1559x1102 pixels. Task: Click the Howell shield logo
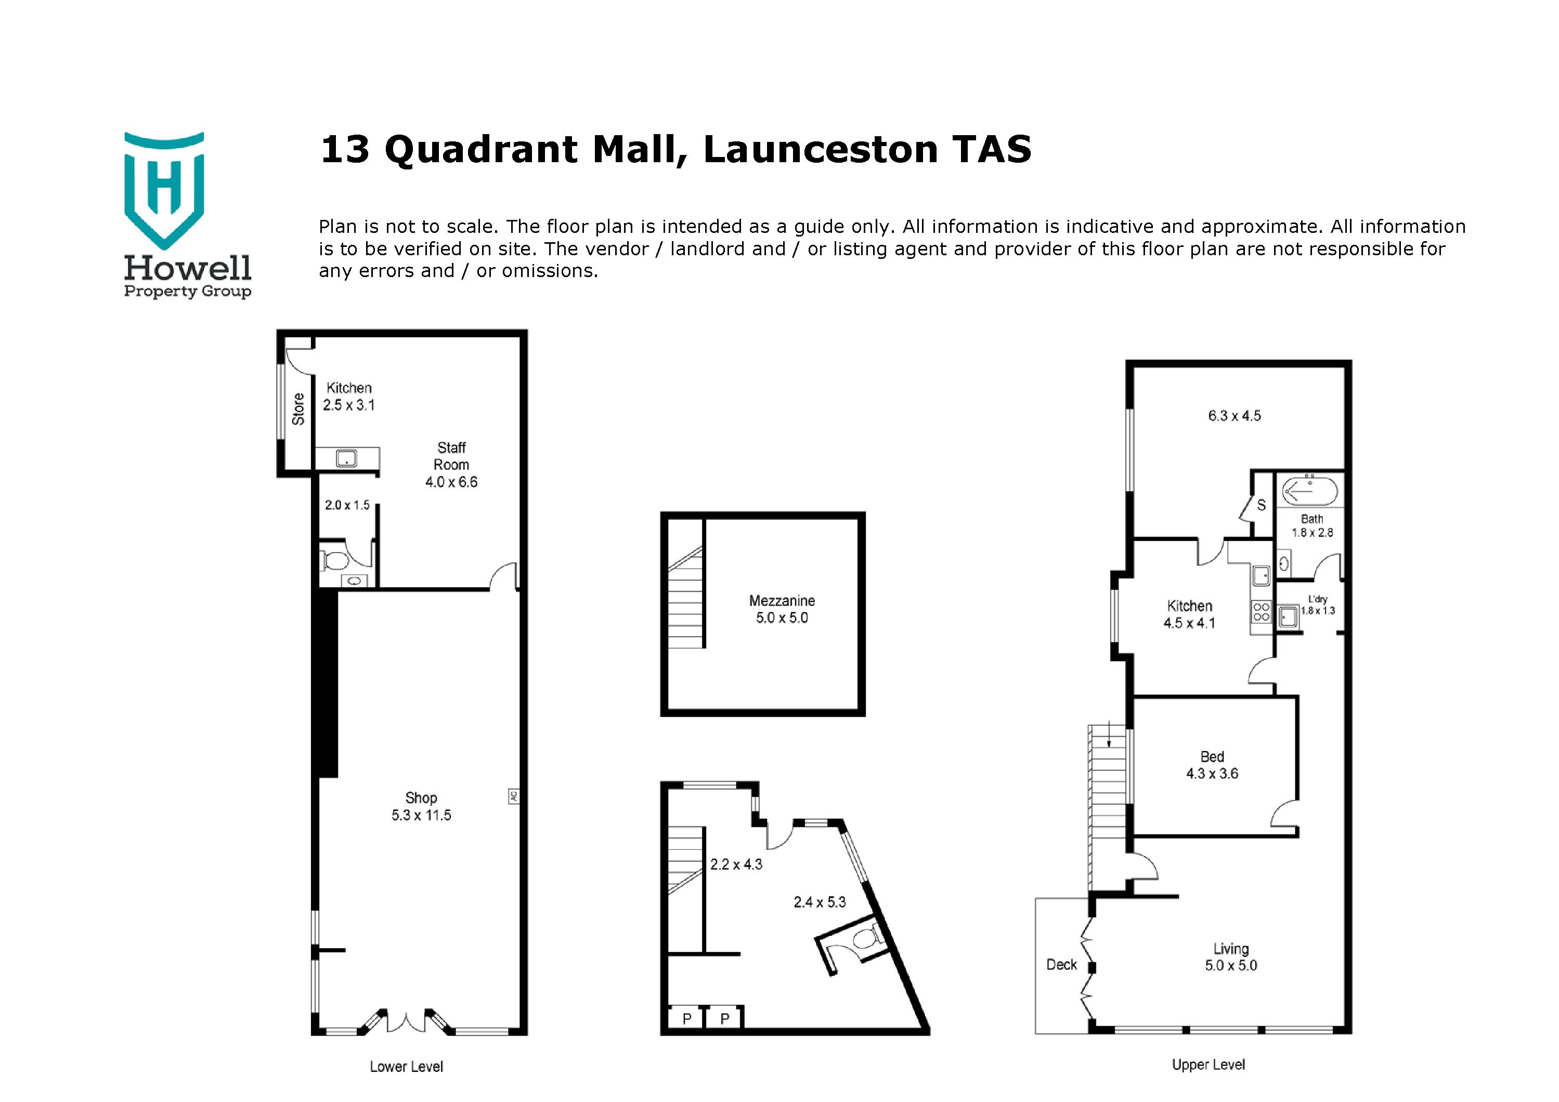click(x=164, y=190)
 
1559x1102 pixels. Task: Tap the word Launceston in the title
click(x=820, y=150)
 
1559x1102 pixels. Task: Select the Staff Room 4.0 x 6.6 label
click(x=451, y=465)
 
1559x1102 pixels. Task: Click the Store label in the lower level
click(x=298, y=409)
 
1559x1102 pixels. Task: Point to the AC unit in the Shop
click(x=513, y=796)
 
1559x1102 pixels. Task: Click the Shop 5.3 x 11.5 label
click(x=421, y=807)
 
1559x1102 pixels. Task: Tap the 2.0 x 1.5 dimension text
click(x=347, y=505)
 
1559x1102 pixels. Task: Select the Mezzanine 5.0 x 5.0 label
click(x=782, y=609)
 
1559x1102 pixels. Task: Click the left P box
click(x=686, y=1018)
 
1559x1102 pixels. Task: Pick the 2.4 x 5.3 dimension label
click(x=820, y=902)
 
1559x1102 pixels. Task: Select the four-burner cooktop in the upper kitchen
click(x=1261, y=612)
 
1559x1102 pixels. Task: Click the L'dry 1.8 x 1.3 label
click(x=1317, y=605)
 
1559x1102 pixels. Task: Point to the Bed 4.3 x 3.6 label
click(x=1212, y=765)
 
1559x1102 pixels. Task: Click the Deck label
click(x=1061, y=964)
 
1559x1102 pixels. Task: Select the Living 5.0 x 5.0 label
click(x=1231, y=957)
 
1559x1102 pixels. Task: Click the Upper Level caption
click(x=1208, y=1065)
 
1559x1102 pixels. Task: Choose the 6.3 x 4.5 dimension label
click(x=1234, y=416)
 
